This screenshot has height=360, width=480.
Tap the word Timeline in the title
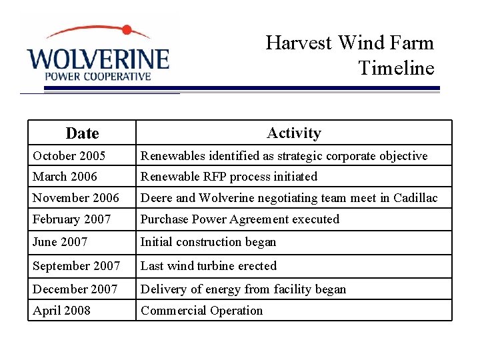point(396,68)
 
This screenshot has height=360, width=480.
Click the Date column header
point(82,133)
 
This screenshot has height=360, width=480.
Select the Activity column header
point(293,133)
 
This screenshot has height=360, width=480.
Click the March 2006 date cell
point(65,177)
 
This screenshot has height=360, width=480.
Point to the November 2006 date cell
point(76,198)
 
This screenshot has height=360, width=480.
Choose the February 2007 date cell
point(72,219)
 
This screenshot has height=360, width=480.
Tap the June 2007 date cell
point(60,242)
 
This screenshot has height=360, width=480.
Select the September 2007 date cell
point(77,266)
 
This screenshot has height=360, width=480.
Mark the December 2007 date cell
point(75,289)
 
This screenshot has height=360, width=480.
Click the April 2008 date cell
point(62,311)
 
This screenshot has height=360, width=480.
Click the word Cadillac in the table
point(415,198)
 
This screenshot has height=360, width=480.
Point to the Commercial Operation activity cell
point(202,311)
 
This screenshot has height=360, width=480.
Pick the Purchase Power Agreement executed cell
point(240,219)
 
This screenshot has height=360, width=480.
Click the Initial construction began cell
point(208,242)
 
